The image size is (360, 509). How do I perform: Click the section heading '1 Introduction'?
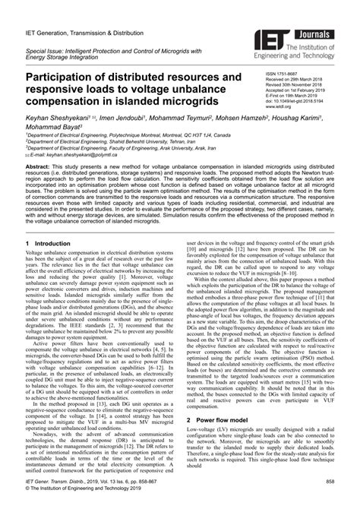49,244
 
